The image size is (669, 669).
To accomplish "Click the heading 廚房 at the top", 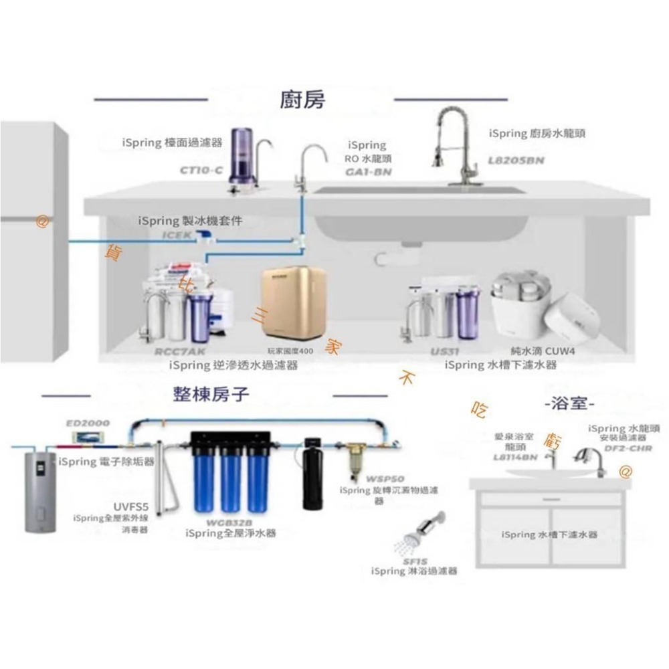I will point(302,100).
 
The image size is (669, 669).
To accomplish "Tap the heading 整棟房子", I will point(211,395).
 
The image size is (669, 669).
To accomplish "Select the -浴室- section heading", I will point(570,404).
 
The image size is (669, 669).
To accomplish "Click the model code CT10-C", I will point(201,171).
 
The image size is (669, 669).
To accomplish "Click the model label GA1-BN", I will point(368,172).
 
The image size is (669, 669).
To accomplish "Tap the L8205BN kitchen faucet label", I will point(516,161).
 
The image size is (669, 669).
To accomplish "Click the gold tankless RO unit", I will point(293,303).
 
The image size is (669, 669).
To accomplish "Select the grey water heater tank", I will point(40,491).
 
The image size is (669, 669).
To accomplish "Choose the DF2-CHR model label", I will point(628,448).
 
